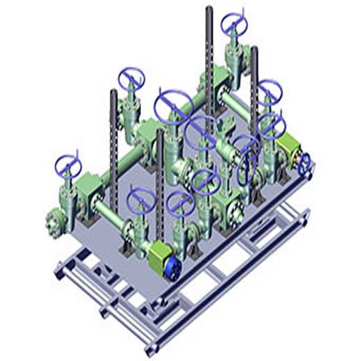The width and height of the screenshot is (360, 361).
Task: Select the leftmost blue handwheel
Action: (x=69, y=167)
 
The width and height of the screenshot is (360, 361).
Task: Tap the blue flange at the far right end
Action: (x=304, y=163)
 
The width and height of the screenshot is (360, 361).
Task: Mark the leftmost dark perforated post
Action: (x=113, y=132)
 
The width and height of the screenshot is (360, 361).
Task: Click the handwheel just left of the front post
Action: (x=140, y=199)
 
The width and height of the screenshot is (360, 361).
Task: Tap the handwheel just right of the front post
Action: (x=180, y=202)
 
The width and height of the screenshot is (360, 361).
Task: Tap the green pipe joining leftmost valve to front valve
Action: (x=111, y=213)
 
